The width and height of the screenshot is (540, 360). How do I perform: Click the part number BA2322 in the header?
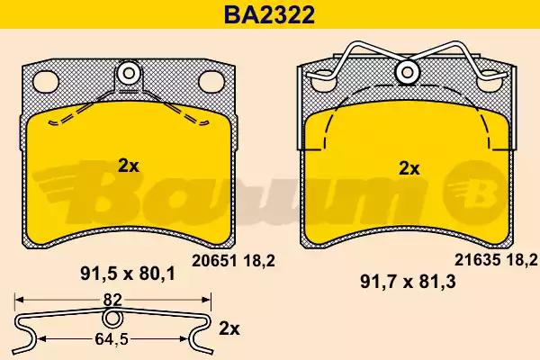(x=269, y=14)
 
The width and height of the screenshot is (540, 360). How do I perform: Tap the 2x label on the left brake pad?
(x=129, y=166)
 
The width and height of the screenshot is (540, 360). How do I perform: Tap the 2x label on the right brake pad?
(x=409, y=169)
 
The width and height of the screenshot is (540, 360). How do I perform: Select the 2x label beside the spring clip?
(x=229, y=329)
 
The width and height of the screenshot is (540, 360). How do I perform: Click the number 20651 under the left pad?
(x=214, y=261)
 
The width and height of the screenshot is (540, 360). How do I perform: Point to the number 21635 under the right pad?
(x=477, y=260)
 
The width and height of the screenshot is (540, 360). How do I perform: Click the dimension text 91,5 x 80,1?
(x=128, y=274)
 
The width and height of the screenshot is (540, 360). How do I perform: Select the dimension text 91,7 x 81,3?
(x=408, y=282)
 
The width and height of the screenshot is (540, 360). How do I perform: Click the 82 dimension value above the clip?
(x=112, y=300)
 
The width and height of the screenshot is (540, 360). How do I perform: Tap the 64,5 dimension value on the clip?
(x=112, y=339)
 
